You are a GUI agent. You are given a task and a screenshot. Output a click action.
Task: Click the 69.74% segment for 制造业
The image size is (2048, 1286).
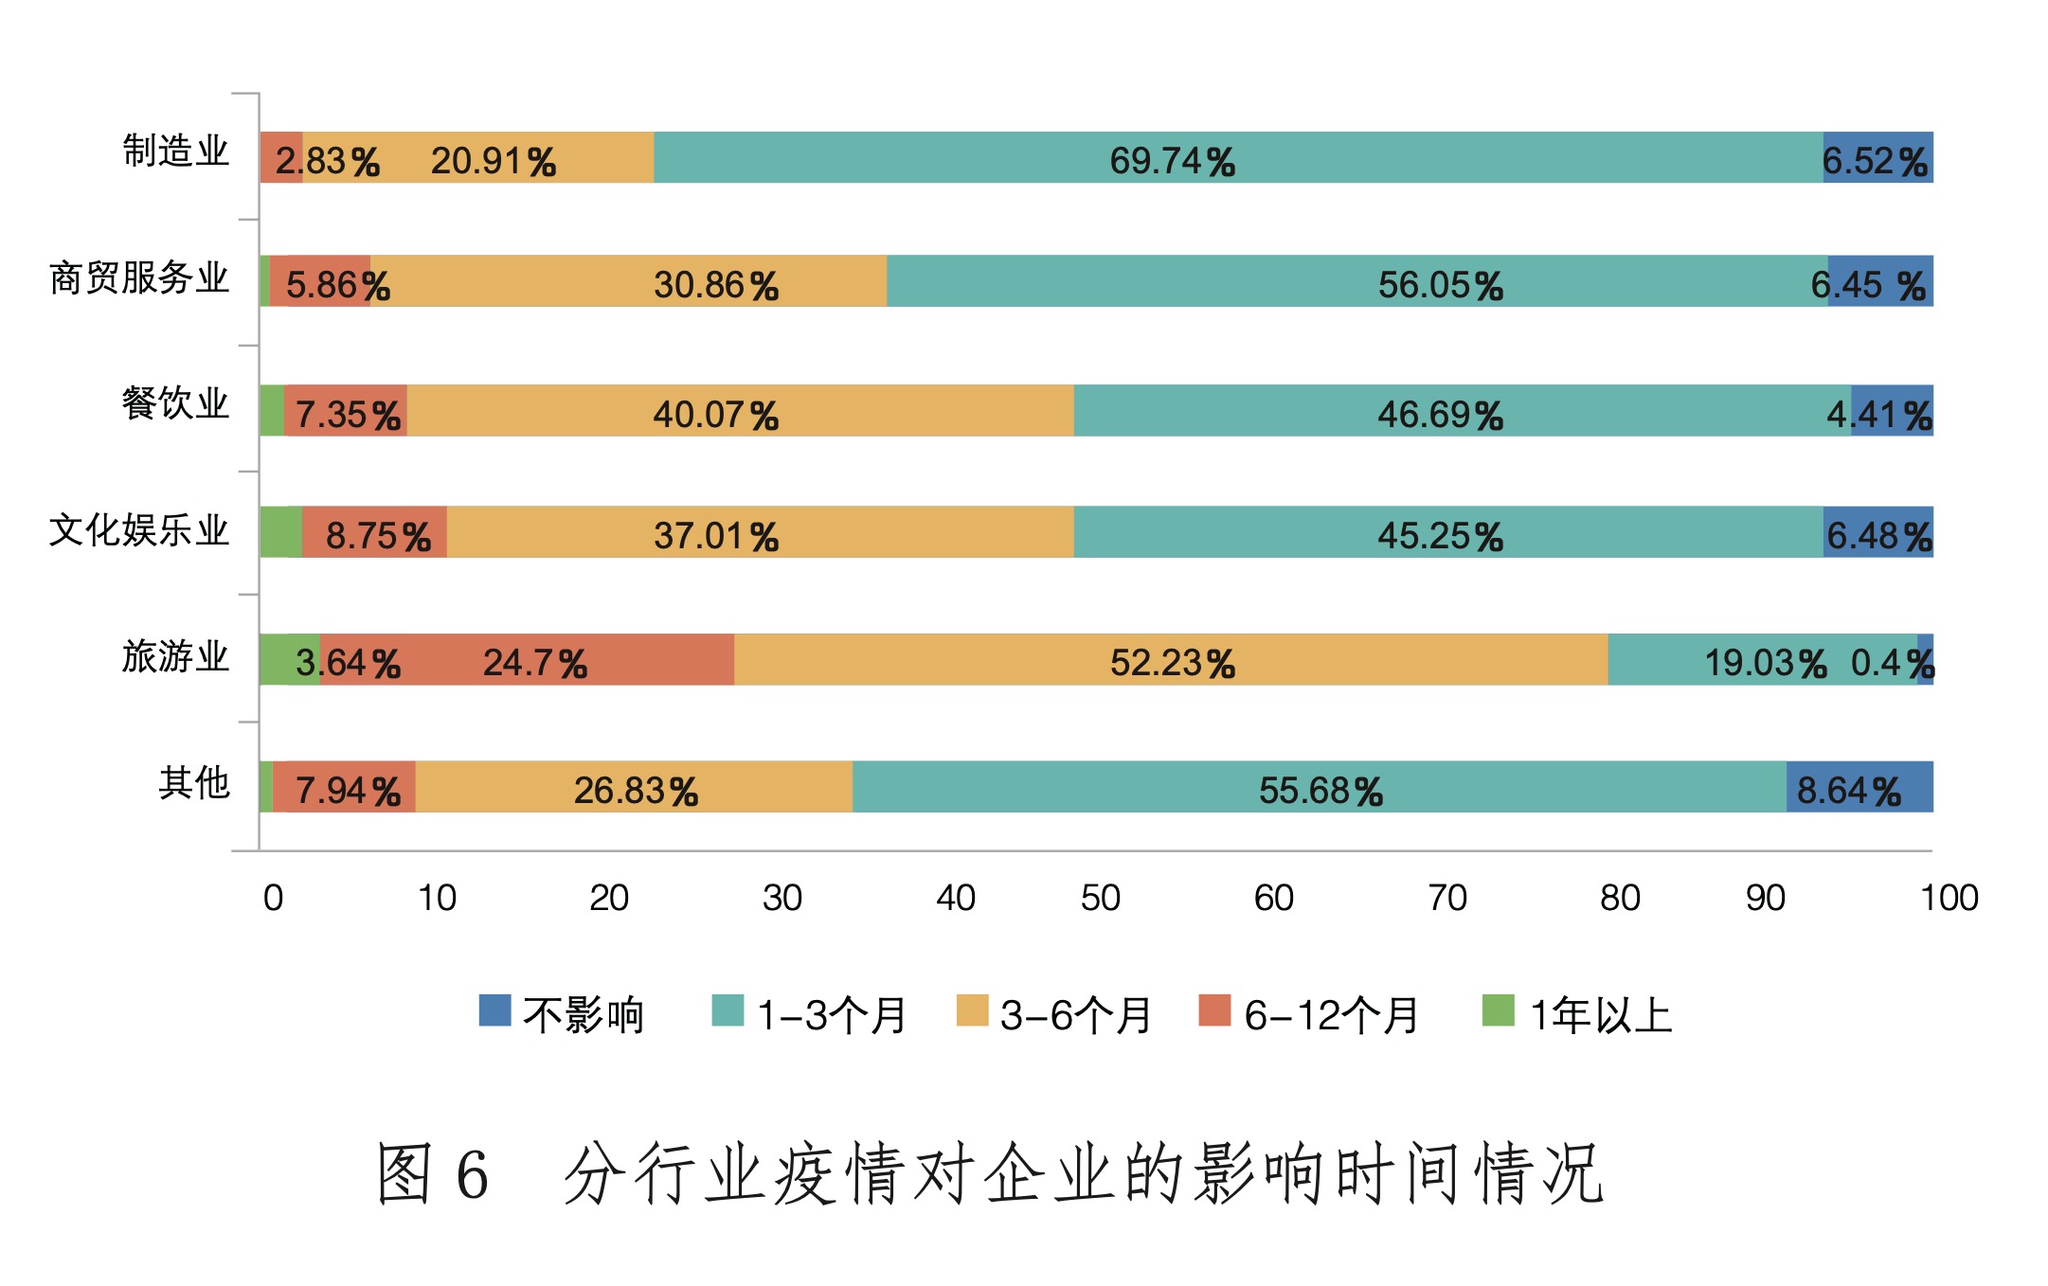click(1238, 157)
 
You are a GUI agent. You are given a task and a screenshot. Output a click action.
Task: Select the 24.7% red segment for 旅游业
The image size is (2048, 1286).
click(527, 659)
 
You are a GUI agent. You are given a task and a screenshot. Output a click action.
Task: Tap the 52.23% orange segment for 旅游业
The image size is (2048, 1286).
click(1171, 659)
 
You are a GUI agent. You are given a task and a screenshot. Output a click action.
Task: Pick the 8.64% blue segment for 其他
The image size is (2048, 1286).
click(1859, 787)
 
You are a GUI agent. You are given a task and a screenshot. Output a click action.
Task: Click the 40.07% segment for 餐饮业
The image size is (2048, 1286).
click(740, 411)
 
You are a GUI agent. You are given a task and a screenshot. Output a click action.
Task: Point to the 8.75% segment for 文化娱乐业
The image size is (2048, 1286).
click(374, 532)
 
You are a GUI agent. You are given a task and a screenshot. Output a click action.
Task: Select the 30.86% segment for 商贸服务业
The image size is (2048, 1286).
click(628, 281)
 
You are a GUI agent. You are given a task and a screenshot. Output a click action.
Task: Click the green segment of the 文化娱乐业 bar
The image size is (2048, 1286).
click(281, 532)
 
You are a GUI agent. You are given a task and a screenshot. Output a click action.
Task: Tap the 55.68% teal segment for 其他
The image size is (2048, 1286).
click(1320, 787)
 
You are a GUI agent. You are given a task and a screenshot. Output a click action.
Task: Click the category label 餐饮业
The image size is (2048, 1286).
click(176, 404)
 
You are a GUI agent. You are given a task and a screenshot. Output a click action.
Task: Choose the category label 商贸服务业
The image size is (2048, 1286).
click(139, 278)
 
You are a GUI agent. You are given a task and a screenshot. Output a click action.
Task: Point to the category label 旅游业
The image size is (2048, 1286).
click(176, 656)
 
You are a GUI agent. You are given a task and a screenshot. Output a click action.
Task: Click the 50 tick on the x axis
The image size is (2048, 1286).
click(1100, 898)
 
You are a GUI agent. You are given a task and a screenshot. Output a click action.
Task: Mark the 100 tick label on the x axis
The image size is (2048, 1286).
click(1949, 898)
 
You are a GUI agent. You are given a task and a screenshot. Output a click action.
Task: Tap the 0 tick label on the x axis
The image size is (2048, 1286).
click(273, 898)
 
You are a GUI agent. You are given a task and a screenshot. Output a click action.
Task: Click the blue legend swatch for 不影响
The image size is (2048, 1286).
click(494, 1010)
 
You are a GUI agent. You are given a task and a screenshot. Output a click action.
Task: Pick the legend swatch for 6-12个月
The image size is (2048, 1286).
click(1214, 1010)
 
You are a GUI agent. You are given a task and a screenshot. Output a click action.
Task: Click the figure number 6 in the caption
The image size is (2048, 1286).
click(472, 1174)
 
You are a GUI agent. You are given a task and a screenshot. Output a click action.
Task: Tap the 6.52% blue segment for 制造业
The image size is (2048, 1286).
click(1877, 157)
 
